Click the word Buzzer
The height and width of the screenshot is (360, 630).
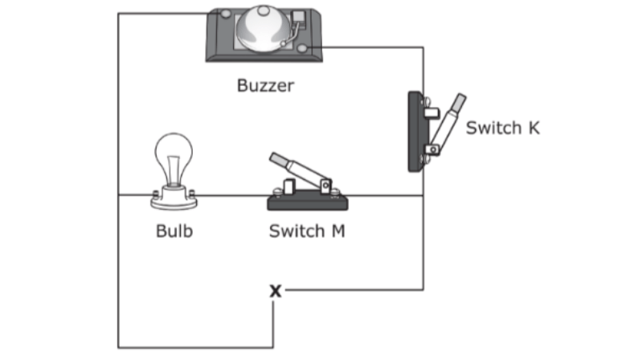coord(265,84)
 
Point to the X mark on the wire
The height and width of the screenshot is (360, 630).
coord(276,290)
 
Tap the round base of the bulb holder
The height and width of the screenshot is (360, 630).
coord(174,196)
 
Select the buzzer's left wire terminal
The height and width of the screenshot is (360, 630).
coord(226,14)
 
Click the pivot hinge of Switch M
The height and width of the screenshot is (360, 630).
coord(325,186)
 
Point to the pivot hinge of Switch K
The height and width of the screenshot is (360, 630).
coord(432,149)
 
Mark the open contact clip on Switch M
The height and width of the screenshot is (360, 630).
coord(288,189)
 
